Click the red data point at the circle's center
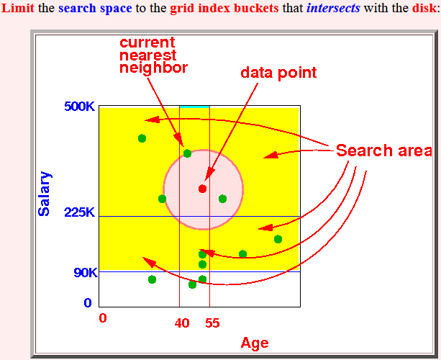[202, 189]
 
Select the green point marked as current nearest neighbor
[187, 153]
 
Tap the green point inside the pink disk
[222, 199]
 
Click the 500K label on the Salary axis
[80, 107]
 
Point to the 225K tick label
[80, 212]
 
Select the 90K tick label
[86, 272]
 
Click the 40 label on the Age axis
[182, 323]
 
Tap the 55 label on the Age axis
[212, 323]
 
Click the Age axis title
[255, 343]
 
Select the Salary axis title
[45, 194]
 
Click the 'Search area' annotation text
[384, 150]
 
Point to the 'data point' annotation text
[278, 73]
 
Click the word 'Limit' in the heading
[18, 8]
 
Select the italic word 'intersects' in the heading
[333, 8]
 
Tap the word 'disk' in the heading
[424, 8]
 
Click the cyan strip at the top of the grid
[195, 107]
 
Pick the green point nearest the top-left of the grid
[142, 138]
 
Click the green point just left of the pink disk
[162, 199]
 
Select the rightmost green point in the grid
[278, 239]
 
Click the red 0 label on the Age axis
[103, 318]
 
